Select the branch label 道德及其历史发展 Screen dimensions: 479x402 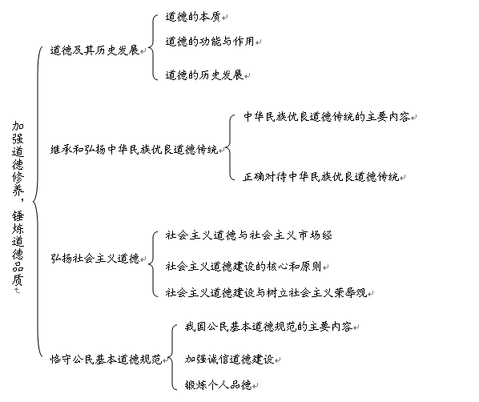click(95, 50)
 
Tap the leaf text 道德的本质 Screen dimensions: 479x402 click(193, 17)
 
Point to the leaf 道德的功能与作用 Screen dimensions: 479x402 click(210, 41)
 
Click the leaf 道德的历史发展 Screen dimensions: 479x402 click(204, 74)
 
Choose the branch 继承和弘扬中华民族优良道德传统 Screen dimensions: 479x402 click(134, 150)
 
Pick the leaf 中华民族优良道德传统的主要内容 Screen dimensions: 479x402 click(327, 117)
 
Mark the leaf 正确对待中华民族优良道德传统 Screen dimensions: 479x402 click(321, 177)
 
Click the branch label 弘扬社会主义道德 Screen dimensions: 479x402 click(95, 259)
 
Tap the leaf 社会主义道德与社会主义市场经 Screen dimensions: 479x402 click(248, 235)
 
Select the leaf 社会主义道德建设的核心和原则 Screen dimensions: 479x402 click(244, 267)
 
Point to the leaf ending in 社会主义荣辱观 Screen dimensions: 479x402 click(266, 293)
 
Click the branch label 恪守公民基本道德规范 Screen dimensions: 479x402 click(106, 360)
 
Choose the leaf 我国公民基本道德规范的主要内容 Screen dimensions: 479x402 click(268, 327)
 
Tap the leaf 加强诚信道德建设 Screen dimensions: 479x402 click(229, 360)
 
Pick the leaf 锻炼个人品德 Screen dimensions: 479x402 click(218, 384)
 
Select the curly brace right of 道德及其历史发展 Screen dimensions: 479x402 click(152, 47)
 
